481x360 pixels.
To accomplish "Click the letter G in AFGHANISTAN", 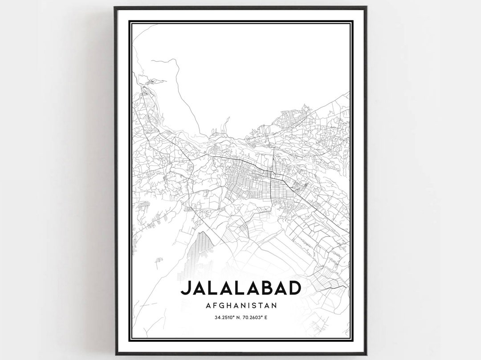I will (x=221, y=305).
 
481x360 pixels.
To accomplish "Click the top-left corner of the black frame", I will (x=115, y=8).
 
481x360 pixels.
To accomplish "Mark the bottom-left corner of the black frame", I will (x=115, y=354).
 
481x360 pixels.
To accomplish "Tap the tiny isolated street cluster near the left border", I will (x=158, y=261).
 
